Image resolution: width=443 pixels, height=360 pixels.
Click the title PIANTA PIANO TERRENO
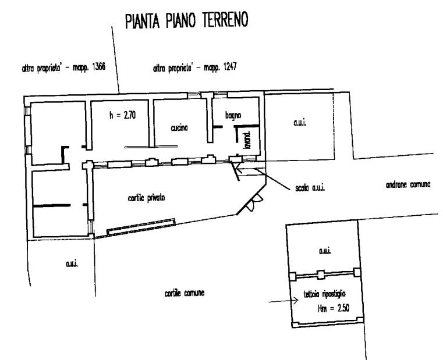click(x=187, y=20)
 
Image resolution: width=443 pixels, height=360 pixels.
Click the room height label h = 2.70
click(x=123, y=115)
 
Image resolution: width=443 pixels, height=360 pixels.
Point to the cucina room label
click(x=179, y=128)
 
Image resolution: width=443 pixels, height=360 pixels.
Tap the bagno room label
click(x=233, y=115)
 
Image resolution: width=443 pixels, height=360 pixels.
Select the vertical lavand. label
click(x=247, y=140)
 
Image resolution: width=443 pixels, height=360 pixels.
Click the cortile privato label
click(x=146, y=198)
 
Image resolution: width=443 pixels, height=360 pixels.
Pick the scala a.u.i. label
click(x=310, y=188)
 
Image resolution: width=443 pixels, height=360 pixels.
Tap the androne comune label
click(x=408, y=184)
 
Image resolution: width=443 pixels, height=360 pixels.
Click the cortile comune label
click(x=185, y=293)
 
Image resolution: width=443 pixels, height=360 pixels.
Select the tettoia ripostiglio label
click(x=325, y=294)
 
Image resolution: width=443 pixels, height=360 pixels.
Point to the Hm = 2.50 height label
click(x=334, y=308)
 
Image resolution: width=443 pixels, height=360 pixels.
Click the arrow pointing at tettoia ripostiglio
click(x=283, y=301)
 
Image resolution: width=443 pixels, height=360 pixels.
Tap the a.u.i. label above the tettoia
click(x=325, y=251)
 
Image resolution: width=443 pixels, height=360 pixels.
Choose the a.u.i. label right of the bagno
click(x=300, y=123)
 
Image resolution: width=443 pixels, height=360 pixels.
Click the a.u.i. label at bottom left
click(x=72, y=263)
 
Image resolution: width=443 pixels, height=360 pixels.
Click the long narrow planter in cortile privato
click(x=141, y=227)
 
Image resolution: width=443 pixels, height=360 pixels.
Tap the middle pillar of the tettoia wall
click(x=320, y=275)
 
